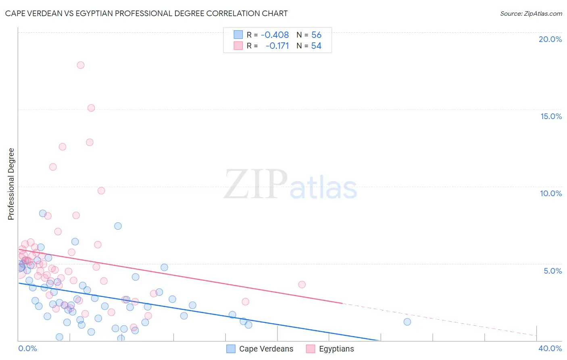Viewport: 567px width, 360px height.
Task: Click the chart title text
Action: (146, 13)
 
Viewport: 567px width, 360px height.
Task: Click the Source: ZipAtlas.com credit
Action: (531, 13)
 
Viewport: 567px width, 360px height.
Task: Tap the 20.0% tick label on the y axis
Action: (550, 39)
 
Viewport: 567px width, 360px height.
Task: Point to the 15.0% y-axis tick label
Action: (551, 116)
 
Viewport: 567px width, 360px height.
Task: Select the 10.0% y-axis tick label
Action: (551, 193)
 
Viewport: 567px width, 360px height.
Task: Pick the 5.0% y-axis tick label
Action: (552, 271)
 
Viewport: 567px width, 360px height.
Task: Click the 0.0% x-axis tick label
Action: (27, 348)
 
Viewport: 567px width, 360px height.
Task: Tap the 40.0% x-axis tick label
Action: (550, 348)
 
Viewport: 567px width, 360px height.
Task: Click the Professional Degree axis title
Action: (11, 184)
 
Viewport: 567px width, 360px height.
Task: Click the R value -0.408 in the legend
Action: (275, 35)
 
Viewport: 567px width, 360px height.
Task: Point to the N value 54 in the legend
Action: (316, 46)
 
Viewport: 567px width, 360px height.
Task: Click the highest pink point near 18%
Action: (81, 65)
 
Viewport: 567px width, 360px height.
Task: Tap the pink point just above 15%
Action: (91, 108)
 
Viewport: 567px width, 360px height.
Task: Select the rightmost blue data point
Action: (407, 322)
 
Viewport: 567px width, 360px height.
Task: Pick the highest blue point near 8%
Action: (43, 213)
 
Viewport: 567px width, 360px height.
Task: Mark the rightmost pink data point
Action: (302, 285)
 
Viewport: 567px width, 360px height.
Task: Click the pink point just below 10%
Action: (101, 190)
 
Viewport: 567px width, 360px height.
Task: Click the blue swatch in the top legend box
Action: (238, 35)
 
